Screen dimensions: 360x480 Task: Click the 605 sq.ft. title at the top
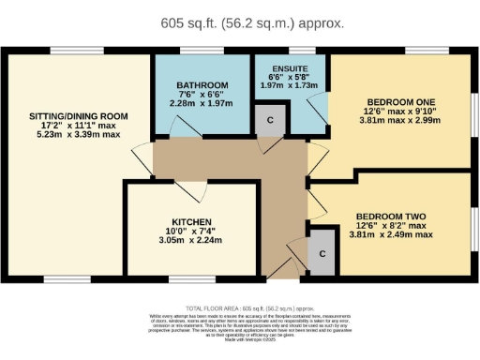239,22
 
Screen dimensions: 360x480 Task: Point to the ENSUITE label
290,68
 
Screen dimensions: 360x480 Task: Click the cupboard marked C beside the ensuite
271,120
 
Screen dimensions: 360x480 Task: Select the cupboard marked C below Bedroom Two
322,253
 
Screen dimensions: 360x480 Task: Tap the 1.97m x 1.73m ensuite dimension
290,85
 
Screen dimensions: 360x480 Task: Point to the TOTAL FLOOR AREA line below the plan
239,307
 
